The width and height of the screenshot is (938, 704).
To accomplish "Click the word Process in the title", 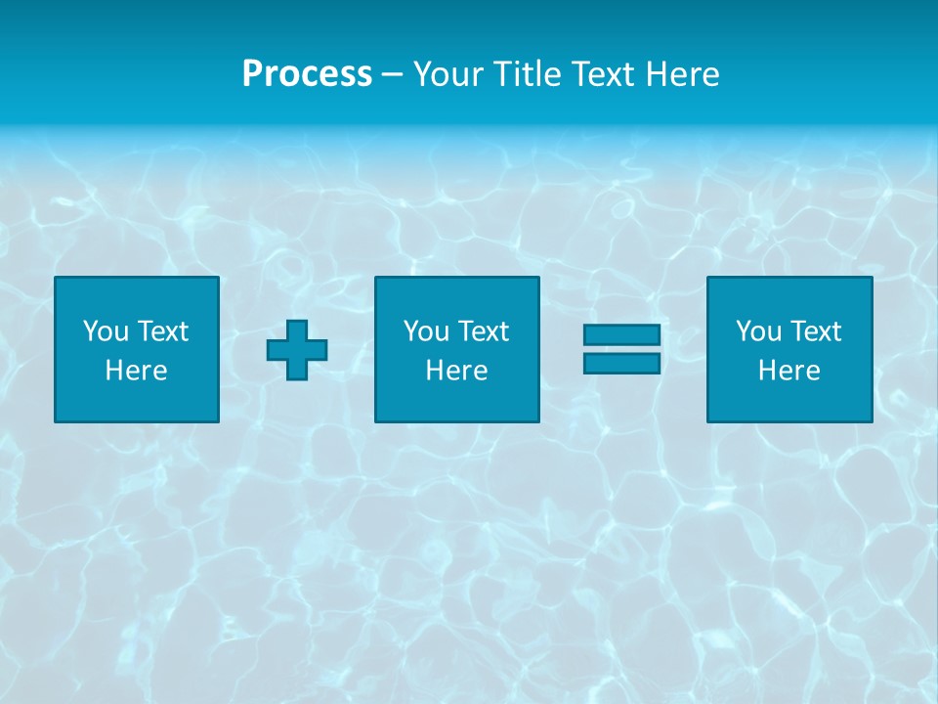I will [307, 74].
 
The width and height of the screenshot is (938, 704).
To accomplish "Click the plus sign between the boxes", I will [297, 350].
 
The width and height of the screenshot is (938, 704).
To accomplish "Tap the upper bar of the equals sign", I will [621, 335].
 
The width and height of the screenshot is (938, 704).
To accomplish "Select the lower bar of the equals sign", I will [621, 364].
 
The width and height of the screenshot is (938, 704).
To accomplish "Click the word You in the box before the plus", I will [106, 331].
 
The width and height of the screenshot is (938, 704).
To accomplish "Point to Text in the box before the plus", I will [161, 331].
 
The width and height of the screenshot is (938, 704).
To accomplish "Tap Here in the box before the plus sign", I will [136, 371].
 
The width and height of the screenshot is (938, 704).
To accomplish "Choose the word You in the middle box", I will [426, 331].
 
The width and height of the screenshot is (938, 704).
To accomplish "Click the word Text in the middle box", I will [482, 331].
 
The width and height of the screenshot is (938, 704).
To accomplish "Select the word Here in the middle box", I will [456, 371].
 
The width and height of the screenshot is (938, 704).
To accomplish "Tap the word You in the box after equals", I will [758, 331].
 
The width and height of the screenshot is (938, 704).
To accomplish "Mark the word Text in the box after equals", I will [814, 331].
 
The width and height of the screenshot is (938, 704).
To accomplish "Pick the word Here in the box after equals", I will [789, 371].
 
